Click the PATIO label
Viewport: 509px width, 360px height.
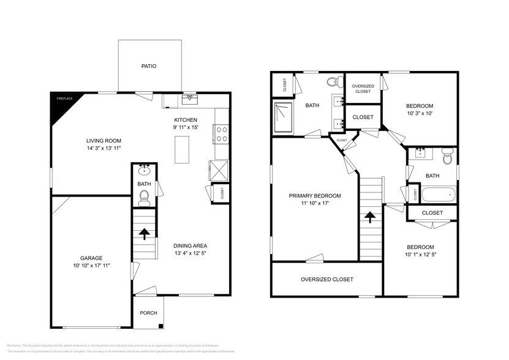click(x=149, y=66)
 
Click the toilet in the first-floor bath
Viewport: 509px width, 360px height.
click(x=144, y=195)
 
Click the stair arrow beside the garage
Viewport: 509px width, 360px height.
click(x=144, y=233)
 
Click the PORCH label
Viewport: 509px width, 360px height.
click(x=148, y=313)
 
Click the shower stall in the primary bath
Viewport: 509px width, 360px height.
click(x=284, y=117)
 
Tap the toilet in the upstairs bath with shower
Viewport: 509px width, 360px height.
click(x=333, y=82)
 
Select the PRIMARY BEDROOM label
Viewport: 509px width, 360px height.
click(x=315, y=196)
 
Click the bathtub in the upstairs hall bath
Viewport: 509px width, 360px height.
click(x=439, y=195)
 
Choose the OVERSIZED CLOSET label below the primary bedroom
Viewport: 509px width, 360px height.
click(x=326, y=279)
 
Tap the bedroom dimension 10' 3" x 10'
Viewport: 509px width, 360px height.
click(x=420, y=113)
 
